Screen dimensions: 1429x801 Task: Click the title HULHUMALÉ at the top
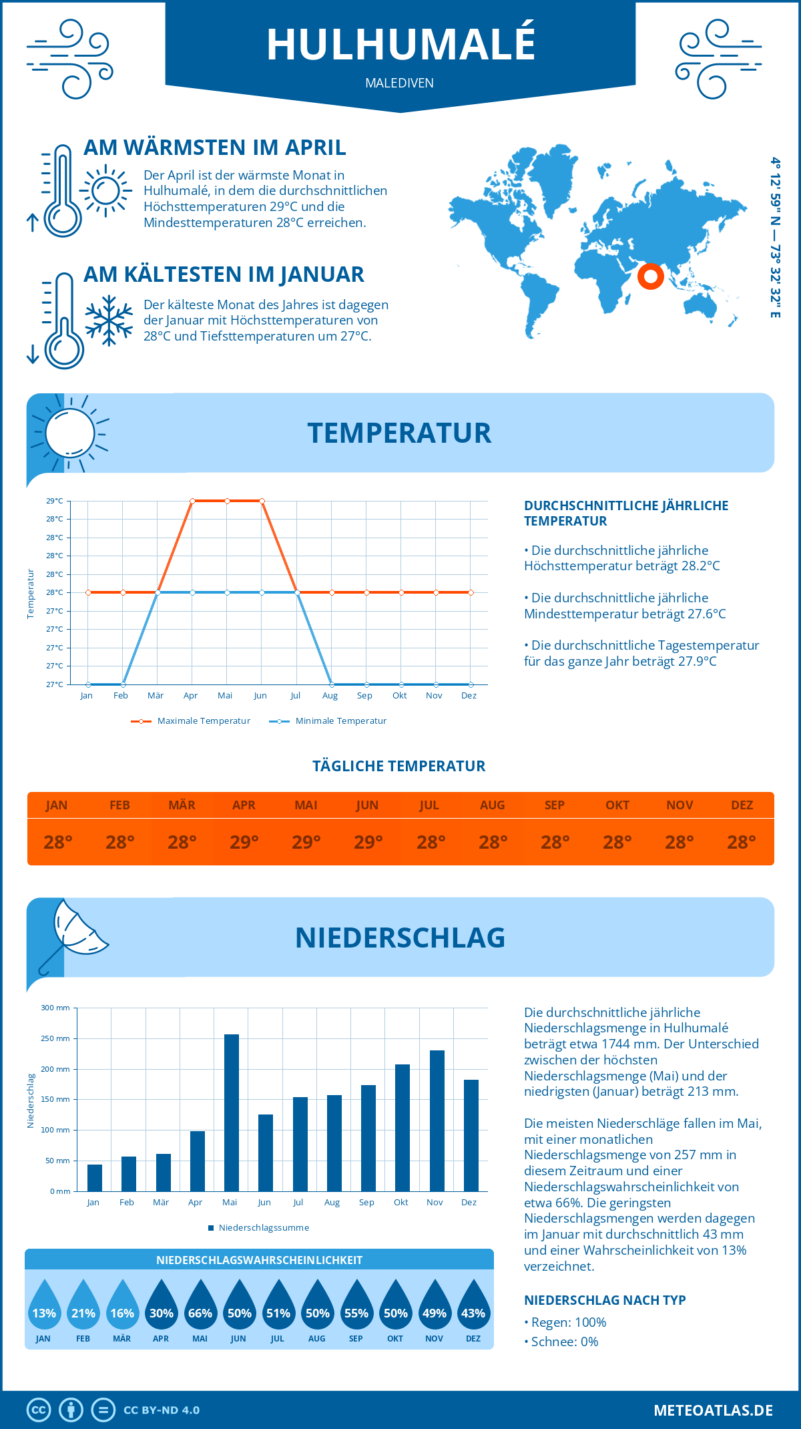[x=400, y=44]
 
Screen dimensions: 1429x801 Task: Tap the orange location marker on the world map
[x=650, y=276]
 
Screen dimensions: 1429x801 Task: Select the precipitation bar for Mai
[x=232, y=1112]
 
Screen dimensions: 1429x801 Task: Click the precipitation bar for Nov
[x=437, y=1120]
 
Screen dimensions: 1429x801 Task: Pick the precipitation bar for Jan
[x=95, y=1178]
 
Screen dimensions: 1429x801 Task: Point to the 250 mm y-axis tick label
[x=55, y=1038]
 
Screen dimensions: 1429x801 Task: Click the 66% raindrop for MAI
[x=200, y=1305]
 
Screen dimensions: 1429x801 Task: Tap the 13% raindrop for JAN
[x=44, y=1305]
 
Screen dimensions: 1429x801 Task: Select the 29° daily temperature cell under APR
[x=244, y=842]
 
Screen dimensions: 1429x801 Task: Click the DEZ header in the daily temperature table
[x=742, y=805]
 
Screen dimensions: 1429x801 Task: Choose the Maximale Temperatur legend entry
[x=191, y=721]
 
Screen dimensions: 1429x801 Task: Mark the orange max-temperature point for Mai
[x=228, y=501]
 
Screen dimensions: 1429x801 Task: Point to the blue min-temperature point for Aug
[x=332, y=684]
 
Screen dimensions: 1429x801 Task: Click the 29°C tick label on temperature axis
[x=55, y=501]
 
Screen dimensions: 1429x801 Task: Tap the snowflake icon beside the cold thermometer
[x=109, y=321]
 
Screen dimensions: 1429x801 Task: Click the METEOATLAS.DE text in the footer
[x=713, y=1410]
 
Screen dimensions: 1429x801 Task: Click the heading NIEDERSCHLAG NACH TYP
[x=605, y=1300]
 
